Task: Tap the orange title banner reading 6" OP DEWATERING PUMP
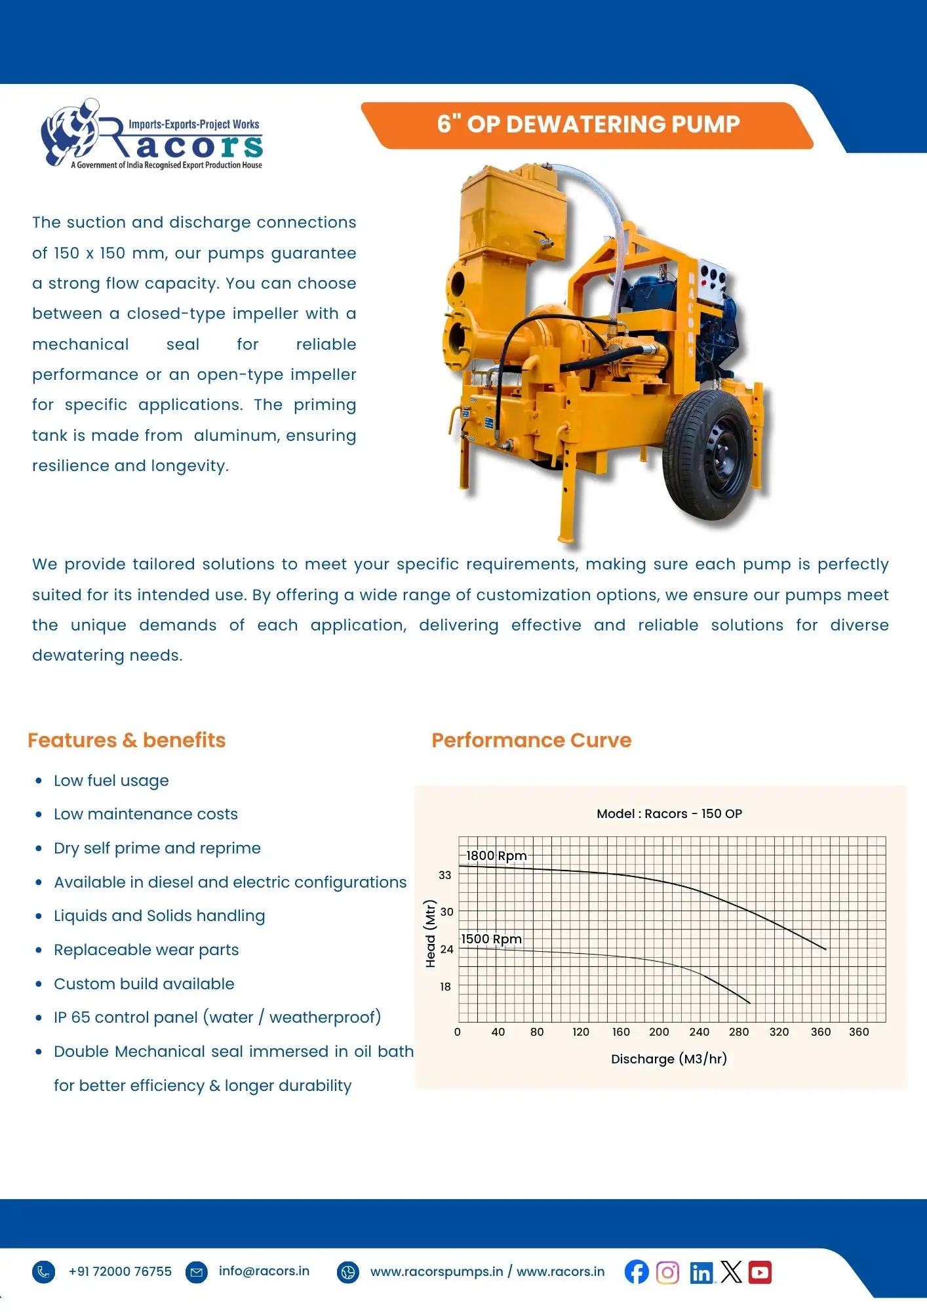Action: [588, 125]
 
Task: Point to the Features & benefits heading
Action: [127, 740]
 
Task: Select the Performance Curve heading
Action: [531, 740]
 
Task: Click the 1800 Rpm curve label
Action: [496, 855]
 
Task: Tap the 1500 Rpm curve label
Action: [491, 939]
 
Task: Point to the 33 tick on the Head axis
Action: [445, 875]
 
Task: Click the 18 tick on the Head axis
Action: [445, 987]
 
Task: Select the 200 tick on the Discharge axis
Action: [659, 1032]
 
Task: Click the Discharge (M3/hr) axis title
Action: [669, 1059]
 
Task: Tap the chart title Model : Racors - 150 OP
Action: [669, 813]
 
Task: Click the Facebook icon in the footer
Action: [637, 1272]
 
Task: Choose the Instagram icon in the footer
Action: [667, 1272]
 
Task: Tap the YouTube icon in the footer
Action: [760, 1272]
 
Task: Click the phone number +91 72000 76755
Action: [120, 1271]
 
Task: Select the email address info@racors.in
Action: [264, 1271]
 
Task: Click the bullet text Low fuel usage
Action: [111, 781]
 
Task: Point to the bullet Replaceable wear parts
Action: [146, 950]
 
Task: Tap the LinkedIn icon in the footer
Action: [701, 1273]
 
